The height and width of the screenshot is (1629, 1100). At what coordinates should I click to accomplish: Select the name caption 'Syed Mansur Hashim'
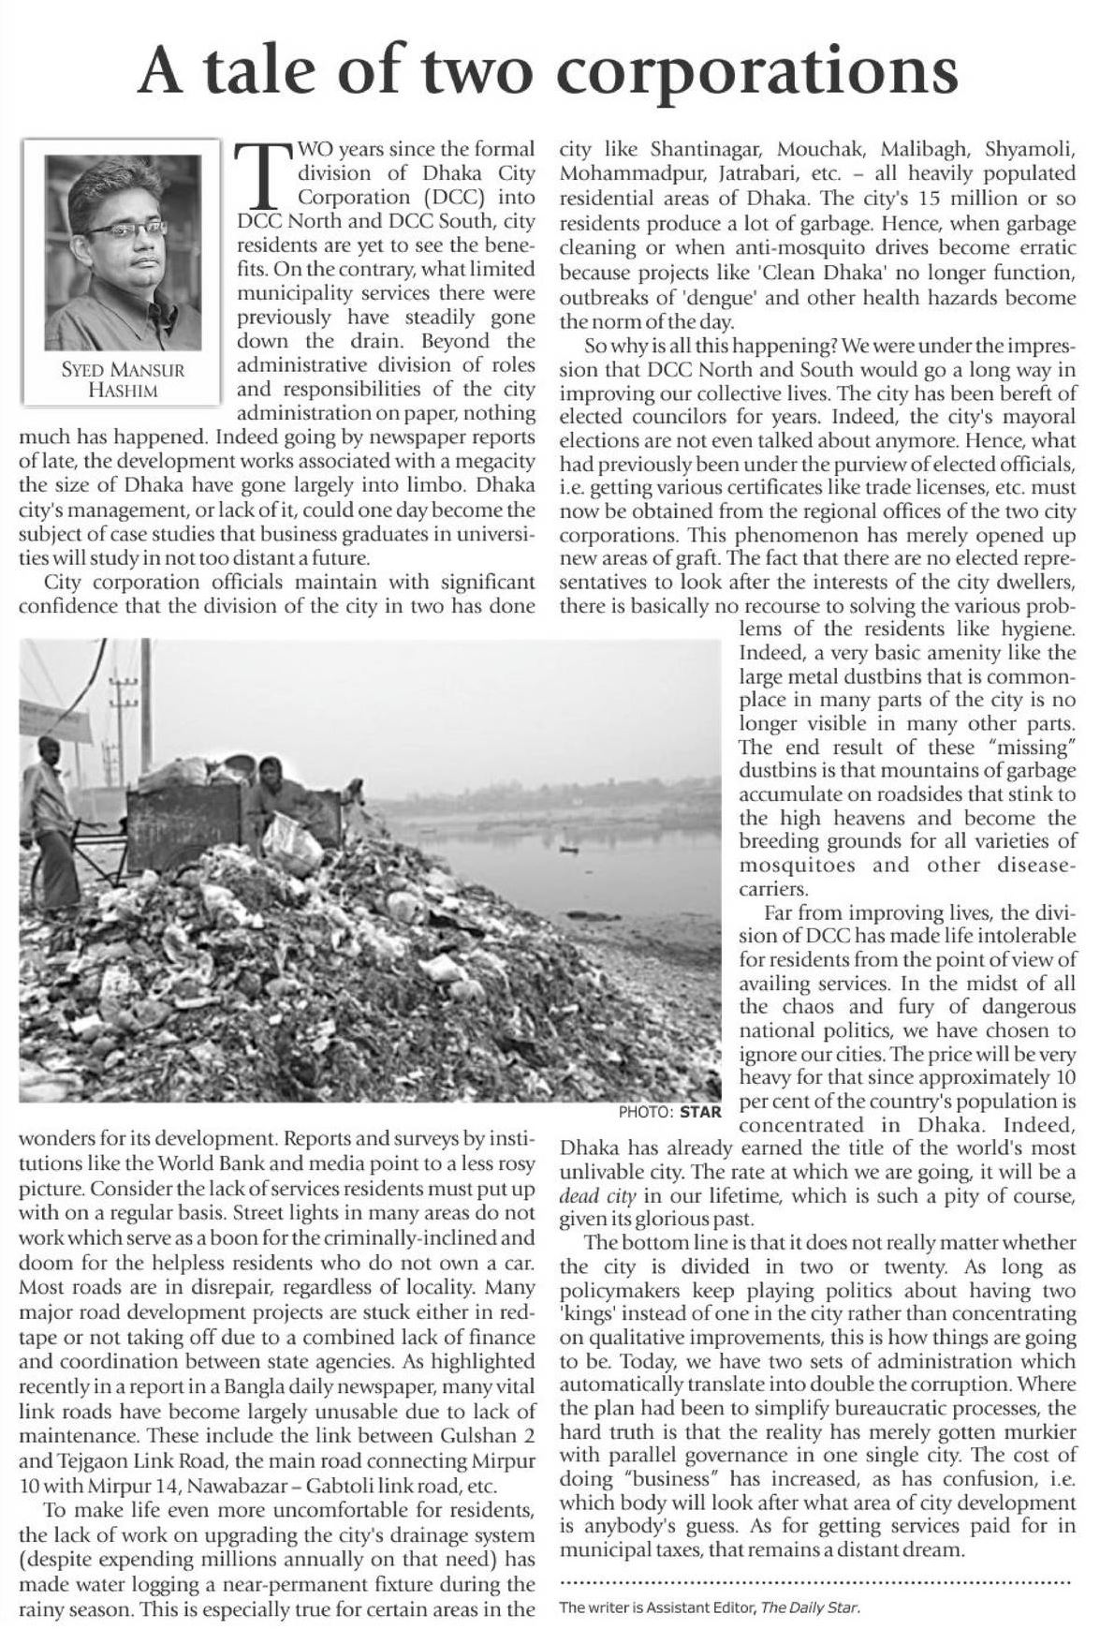(x=123, y=379)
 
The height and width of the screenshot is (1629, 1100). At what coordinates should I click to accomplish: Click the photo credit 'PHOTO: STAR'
(x=670, y=1112)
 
